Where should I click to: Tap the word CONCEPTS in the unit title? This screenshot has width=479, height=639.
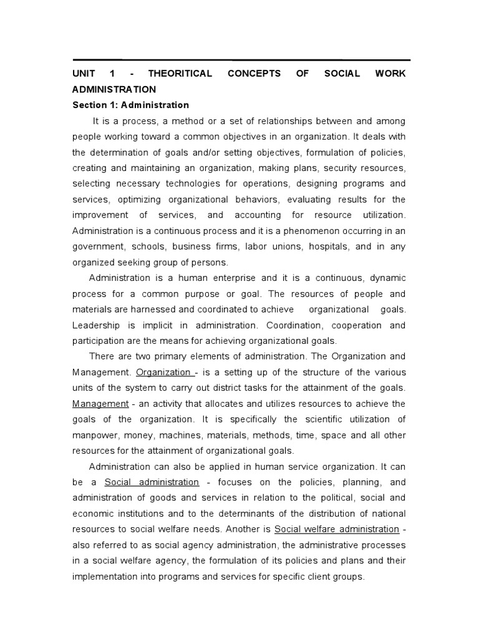(254, 74)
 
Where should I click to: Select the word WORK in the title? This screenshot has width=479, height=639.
(391, 74)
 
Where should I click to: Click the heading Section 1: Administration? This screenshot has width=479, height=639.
(130, 105)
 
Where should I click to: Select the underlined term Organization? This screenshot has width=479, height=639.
(163, 373)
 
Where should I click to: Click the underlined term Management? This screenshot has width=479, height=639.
(100, 403)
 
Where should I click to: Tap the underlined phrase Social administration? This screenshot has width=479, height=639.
(152, 482)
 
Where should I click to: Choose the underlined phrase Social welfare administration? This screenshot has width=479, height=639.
(337, 529)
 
